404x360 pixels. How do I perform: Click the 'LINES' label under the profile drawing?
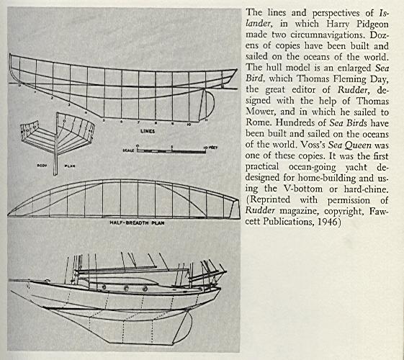[148, 131]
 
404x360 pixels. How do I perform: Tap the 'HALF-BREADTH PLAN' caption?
[137, 222]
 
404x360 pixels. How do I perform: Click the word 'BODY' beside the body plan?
[42, 166]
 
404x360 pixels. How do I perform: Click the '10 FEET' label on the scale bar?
[210, 148]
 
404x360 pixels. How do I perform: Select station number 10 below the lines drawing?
[189, 125]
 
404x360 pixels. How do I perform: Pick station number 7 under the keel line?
[138, 122]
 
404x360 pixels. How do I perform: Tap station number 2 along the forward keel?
[52, 98]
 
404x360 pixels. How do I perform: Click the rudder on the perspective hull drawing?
[184, 327]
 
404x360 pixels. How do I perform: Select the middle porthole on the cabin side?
[126, 289]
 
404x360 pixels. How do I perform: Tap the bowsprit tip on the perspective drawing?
[10, 280]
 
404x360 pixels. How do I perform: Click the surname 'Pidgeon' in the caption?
[372, 24]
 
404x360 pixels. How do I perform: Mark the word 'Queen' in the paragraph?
[358, 145]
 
